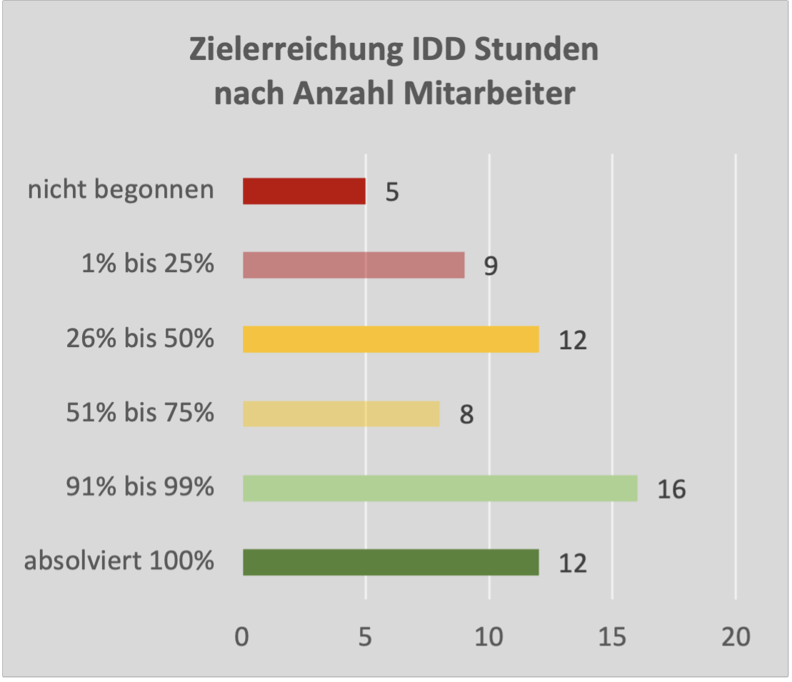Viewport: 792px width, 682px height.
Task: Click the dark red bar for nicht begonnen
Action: [304, 191]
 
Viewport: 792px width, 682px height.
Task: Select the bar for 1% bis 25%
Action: [354, 265]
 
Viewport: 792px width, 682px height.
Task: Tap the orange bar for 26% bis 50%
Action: [391, 339]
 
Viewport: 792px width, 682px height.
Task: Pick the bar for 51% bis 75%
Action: [341, 413]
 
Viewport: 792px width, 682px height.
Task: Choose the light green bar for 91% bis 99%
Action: [440, 488]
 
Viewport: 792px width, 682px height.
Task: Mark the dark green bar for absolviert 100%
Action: [391, 562]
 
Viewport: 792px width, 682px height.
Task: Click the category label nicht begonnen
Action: [121, 191]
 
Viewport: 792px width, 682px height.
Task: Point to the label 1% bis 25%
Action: [148, 264]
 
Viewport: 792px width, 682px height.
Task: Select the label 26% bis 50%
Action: [139, 339]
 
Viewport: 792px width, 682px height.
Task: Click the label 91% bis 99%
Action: [139, 487]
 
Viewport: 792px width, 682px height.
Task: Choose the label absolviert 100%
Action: [119, 561]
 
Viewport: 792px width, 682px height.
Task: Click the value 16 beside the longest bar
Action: [671, 490]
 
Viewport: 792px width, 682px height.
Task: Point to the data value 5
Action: [392, 194]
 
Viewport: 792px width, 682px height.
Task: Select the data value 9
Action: [491, 267]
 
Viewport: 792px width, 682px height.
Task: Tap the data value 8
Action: [466, 416]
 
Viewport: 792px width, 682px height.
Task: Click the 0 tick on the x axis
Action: [243, 637]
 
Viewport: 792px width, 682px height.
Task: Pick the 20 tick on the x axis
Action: [736, 637]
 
